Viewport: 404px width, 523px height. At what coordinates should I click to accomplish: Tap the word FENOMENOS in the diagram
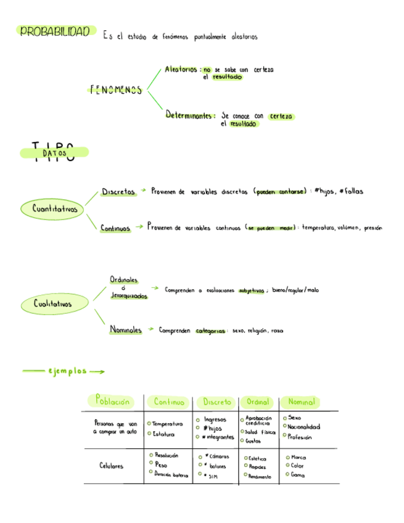tap(115, 90)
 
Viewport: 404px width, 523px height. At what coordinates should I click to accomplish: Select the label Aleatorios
tap(181, 70)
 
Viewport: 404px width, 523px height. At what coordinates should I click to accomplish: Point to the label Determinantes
tap(190, 115)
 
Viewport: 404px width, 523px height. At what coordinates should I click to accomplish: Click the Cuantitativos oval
tap(56, 210)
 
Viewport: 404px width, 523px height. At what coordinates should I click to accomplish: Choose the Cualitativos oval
tap(53, 303)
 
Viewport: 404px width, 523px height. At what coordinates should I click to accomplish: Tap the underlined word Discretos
tap(118, 192)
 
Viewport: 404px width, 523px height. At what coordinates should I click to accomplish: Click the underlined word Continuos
tap(116, 228)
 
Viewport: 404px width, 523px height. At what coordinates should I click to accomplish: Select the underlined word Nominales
tap(126, 330)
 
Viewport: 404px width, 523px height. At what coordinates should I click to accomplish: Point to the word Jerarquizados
tap(129, 297)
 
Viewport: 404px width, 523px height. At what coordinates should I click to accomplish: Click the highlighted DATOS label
tap(56, 152)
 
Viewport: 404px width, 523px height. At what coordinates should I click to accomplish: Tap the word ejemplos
tap(67, 371)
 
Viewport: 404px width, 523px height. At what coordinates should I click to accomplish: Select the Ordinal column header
tap(258, 402)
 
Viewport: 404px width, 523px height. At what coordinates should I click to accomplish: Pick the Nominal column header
tap(302, 402)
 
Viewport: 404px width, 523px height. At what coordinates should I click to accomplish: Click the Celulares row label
tap(111, 466)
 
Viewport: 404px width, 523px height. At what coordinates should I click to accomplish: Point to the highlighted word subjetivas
tap(251, 290)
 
